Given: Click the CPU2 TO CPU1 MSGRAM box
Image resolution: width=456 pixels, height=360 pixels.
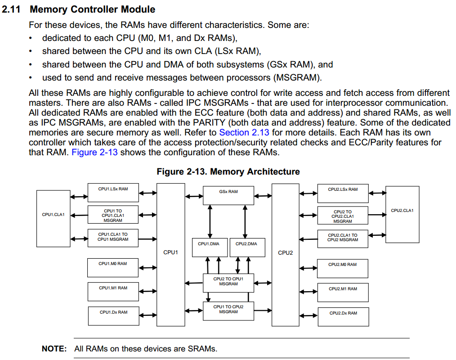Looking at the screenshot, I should (x=228, y=282).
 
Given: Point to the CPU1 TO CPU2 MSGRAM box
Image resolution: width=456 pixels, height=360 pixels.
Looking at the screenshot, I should (x=228, y=310).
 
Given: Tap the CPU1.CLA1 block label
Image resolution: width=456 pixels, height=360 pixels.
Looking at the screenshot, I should (x=53, y=215).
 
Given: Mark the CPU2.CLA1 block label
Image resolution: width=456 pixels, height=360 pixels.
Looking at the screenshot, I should (x=402, y=211).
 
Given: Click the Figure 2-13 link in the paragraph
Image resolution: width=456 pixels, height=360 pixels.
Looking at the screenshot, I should (x=94, y=153).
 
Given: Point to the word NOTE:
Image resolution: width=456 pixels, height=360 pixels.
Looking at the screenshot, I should (x=54, y=349).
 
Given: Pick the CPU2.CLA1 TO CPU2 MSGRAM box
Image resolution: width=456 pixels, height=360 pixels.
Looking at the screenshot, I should (x=343, y=238).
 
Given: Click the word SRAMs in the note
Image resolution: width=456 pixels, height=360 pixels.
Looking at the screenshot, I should (x=202, y=349).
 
